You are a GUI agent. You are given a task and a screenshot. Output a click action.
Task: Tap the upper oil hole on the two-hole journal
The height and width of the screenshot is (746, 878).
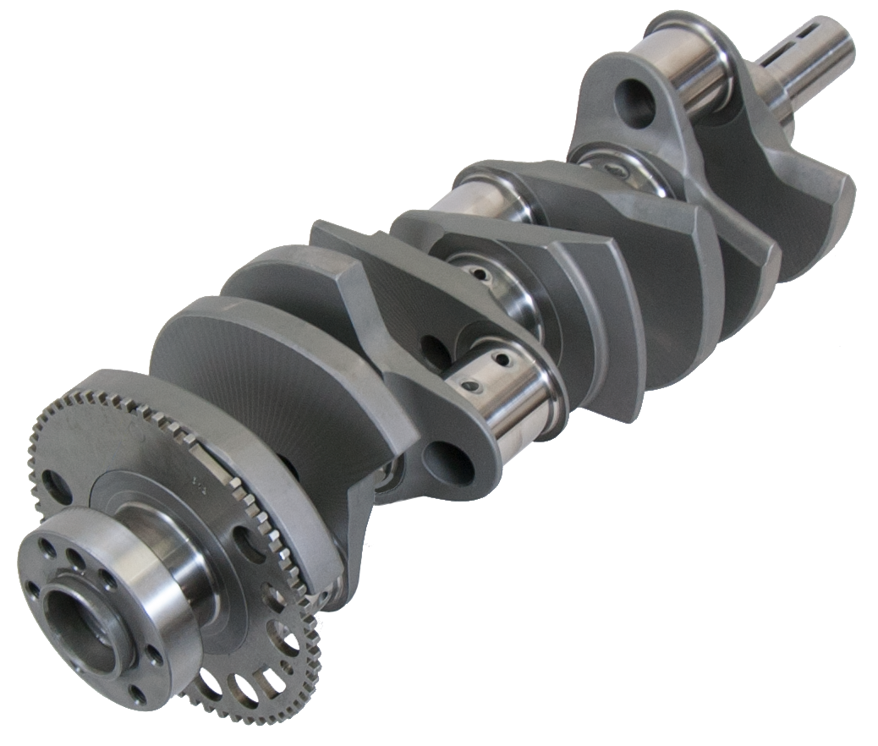(x=505, y=360)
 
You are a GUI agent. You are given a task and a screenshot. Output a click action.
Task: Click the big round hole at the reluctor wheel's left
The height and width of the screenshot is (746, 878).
(x=54, y=486)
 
